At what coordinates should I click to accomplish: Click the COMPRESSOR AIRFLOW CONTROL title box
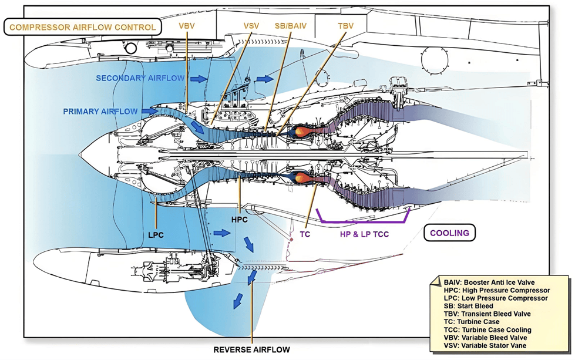click(82, 27)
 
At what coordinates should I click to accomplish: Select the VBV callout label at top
click(186, 27)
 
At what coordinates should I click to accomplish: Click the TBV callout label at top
click(347, 27)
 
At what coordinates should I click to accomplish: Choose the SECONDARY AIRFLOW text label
click(140, 78)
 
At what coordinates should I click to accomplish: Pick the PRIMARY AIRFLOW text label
click(100, 110)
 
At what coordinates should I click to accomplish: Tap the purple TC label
click(305, 233)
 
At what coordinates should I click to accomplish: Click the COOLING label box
click(449, 233)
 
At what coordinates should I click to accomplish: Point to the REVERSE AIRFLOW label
click(251, 350)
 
